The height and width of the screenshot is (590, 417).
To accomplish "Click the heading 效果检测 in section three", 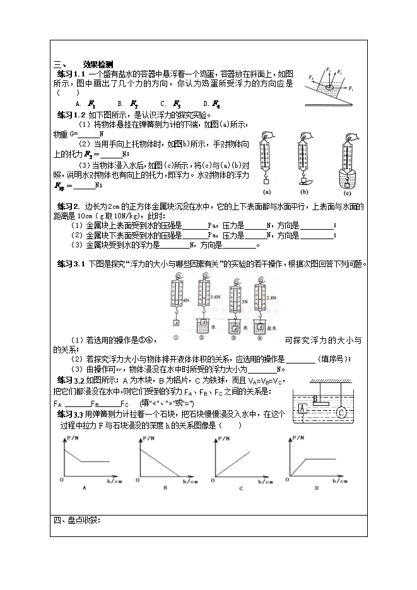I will pyautogui.click(x=97, y=64).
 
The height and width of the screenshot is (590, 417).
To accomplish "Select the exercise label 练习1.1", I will pyautogui.click(x=71, y=73).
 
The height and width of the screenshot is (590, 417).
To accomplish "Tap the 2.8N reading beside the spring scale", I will pyautogui.click(x=272, y=296).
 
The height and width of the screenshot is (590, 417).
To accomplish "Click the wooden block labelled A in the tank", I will pyautogui.click(x=302, y=408).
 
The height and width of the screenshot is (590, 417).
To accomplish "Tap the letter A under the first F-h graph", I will pyautogui.click(x=84, y=487).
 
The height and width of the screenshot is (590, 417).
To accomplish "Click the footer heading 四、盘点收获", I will pyautogui.click(x=76, y=520).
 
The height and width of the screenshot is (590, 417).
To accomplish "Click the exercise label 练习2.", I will pyautogui.click(x=68, y=206).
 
